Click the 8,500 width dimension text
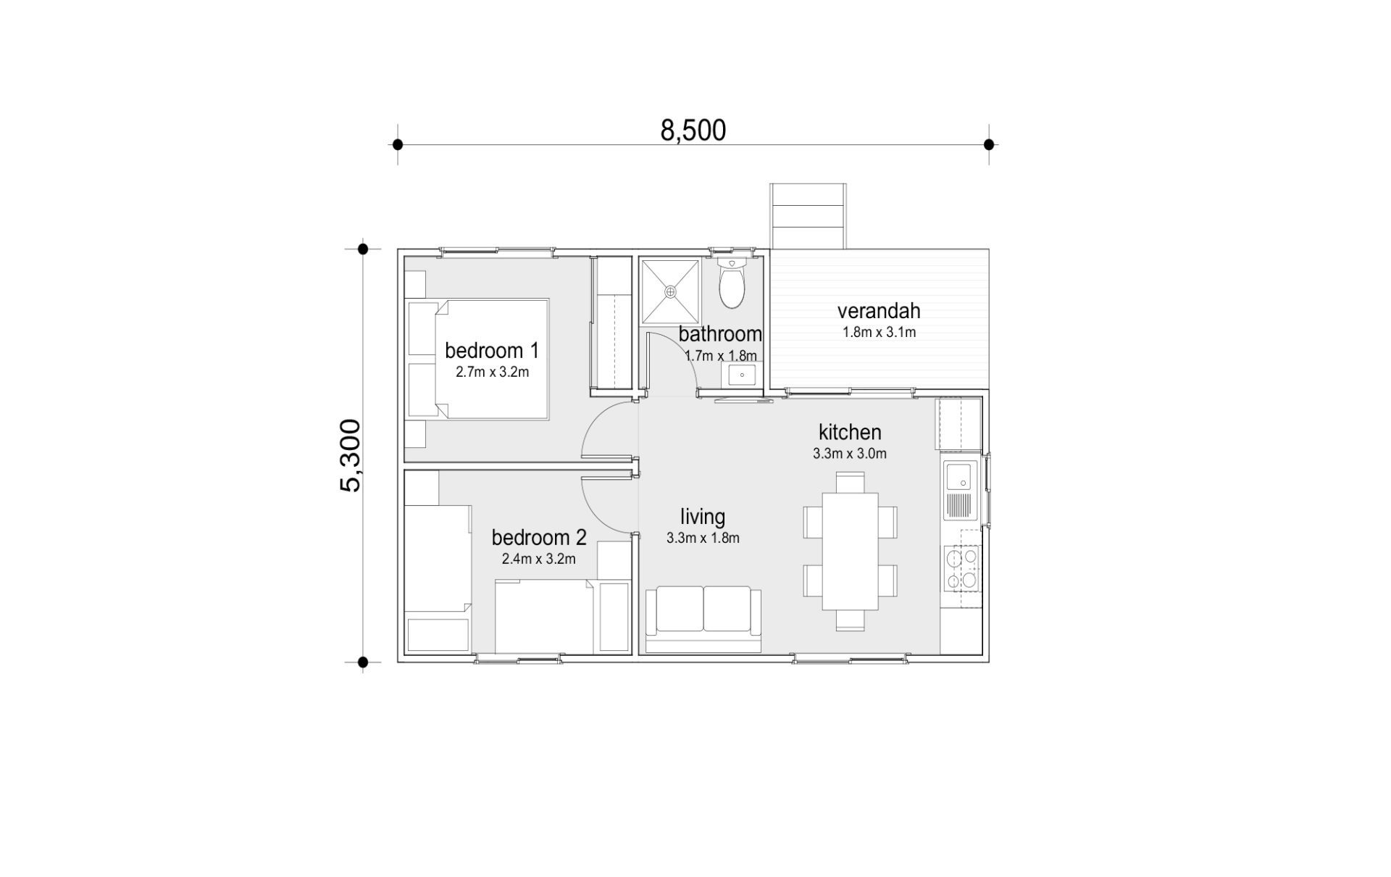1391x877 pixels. (693, 130)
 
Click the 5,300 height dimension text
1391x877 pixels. (350, 456)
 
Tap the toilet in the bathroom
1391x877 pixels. (732, 283)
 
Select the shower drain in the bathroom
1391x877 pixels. (670, 291)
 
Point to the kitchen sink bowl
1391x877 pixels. (960, 475)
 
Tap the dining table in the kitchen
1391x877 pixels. (850, 552)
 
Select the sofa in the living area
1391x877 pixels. (703, 620)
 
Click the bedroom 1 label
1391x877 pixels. (492, 351)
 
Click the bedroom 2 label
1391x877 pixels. (539, 538)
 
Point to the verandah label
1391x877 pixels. (879, 311)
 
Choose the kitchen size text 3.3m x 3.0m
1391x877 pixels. (850, 454)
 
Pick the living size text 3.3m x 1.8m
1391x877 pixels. (703, 539)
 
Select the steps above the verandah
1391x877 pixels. (808, 216)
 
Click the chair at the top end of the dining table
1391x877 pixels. (850, 483)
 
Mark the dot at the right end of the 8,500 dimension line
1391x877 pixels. (989, 144)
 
